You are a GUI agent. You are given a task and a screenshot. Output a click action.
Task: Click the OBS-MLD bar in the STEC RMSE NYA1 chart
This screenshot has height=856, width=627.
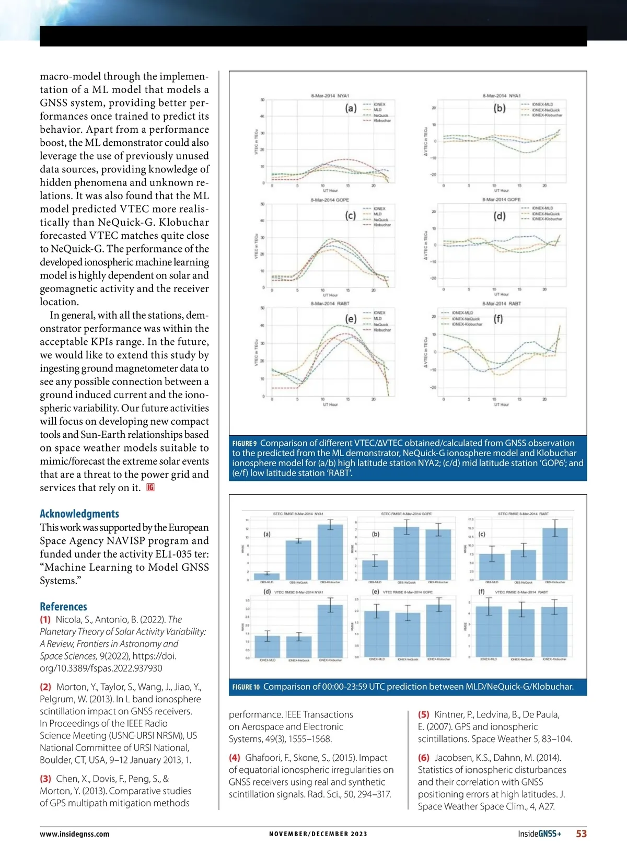[270, 576]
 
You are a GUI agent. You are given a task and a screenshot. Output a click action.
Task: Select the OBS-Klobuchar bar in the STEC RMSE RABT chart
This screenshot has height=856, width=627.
[554, 554]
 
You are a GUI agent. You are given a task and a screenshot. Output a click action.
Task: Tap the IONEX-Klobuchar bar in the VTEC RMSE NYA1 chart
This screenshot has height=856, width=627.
[330, 631]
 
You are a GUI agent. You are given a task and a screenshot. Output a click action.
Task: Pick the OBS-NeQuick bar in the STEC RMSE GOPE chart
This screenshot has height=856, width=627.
[406, 553]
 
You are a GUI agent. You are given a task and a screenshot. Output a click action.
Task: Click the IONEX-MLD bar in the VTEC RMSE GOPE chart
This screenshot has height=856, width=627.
[376, 634]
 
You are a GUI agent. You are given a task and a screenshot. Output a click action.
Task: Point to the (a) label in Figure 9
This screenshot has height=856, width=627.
[351, 108]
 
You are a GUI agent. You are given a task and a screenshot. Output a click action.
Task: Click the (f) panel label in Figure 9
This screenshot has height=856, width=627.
[498, 318]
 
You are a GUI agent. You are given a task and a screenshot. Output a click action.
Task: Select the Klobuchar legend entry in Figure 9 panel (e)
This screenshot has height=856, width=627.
[382, 330]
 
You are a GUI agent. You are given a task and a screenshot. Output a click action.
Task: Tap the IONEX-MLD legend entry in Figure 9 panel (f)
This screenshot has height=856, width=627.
[462, 313]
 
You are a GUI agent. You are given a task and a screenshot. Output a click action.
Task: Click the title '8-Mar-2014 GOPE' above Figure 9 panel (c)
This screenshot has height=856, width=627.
[330, 200]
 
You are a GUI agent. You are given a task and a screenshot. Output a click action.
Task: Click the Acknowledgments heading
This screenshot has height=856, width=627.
[79, 514]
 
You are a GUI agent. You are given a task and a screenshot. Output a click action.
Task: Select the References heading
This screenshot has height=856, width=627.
[63, 606]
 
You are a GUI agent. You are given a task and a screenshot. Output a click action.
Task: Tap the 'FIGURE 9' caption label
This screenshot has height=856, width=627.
[245, 444]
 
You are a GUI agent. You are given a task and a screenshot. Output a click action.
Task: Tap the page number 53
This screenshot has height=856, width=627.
[581, 834]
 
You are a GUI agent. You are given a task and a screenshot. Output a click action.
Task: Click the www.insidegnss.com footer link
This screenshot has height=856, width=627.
[75, 834]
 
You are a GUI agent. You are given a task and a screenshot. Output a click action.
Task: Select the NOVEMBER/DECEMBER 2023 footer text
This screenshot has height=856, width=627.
[318, 834]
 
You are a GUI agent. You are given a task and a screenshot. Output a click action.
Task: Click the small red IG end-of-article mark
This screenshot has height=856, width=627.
[150, 488]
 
